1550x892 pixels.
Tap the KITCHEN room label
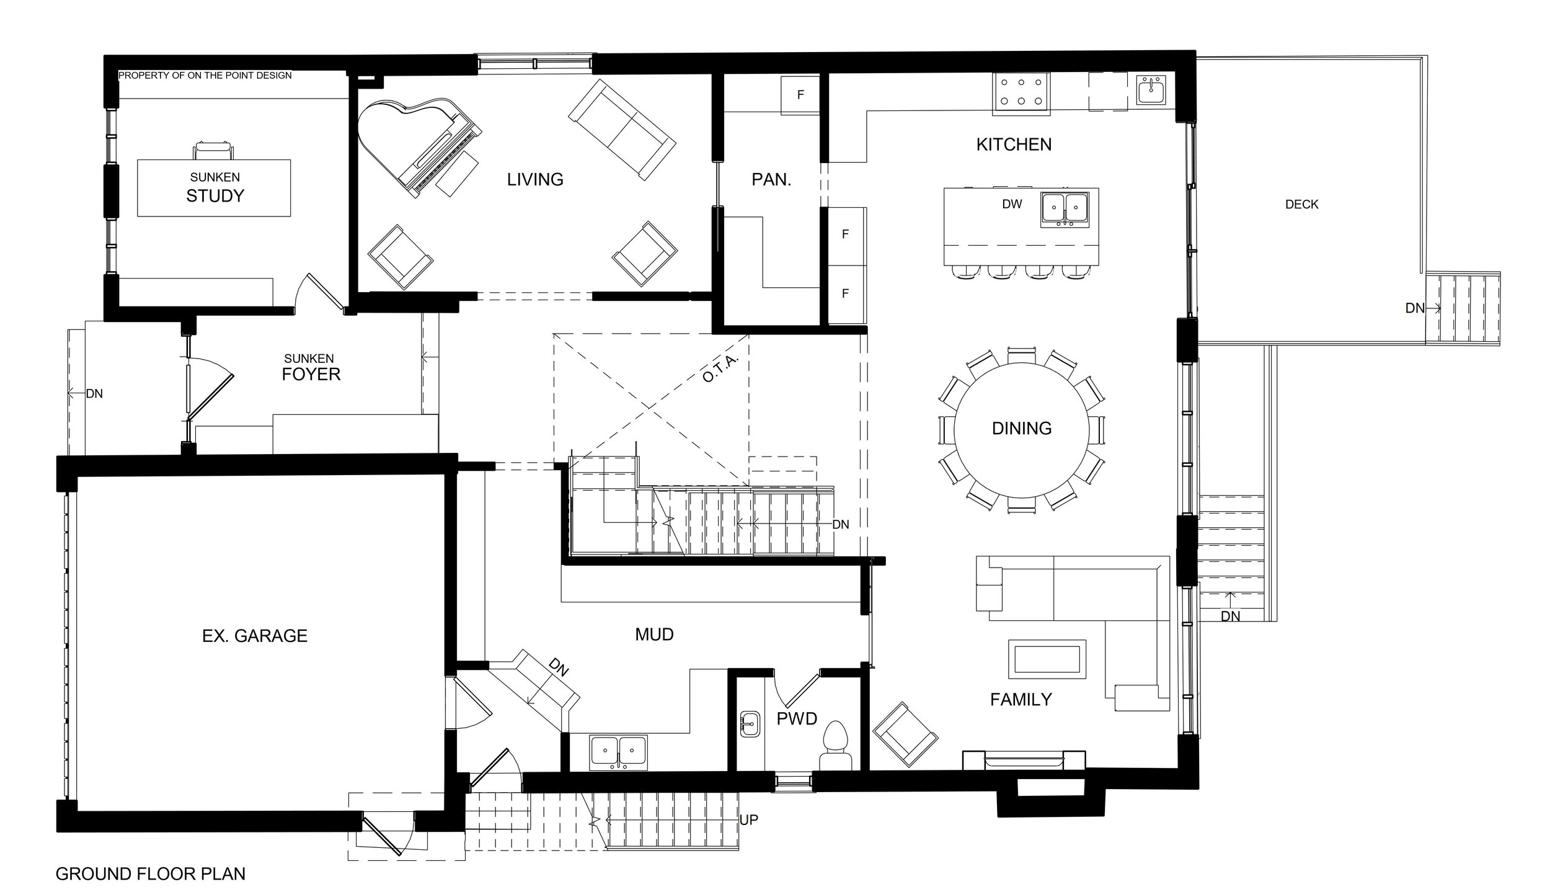pyautogui.click(x=1014, y=145)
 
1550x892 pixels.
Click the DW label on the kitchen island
pyautogui.click(x=1011, y=204)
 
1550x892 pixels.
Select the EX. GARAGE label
pyautogui.click(x=255, y=636)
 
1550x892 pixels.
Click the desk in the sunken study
pyautogui.click(x=214, y=188)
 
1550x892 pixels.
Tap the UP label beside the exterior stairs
pyautogui.click(x=748, y=820)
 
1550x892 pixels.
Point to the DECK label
pyautogui.click(x=1301, y=205)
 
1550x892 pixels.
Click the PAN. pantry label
pyautogui.click(x=771, y=181)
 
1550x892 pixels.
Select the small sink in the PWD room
pyautogui.click(x=750, y=724)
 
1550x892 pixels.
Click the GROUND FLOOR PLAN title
pyautogui.click(x=151, y=874)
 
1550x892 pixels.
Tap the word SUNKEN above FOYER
pyautogui.click(x=309, y=359)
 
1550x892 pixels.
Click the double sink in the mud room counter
pyautogui.click(x=618, y=752)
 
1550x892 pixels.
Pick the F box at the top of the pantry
pyautogui.click(x=800, y=95)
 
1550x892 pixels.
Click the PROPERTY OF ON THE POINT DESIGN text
pyautogui.click(x=205, y=76)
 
